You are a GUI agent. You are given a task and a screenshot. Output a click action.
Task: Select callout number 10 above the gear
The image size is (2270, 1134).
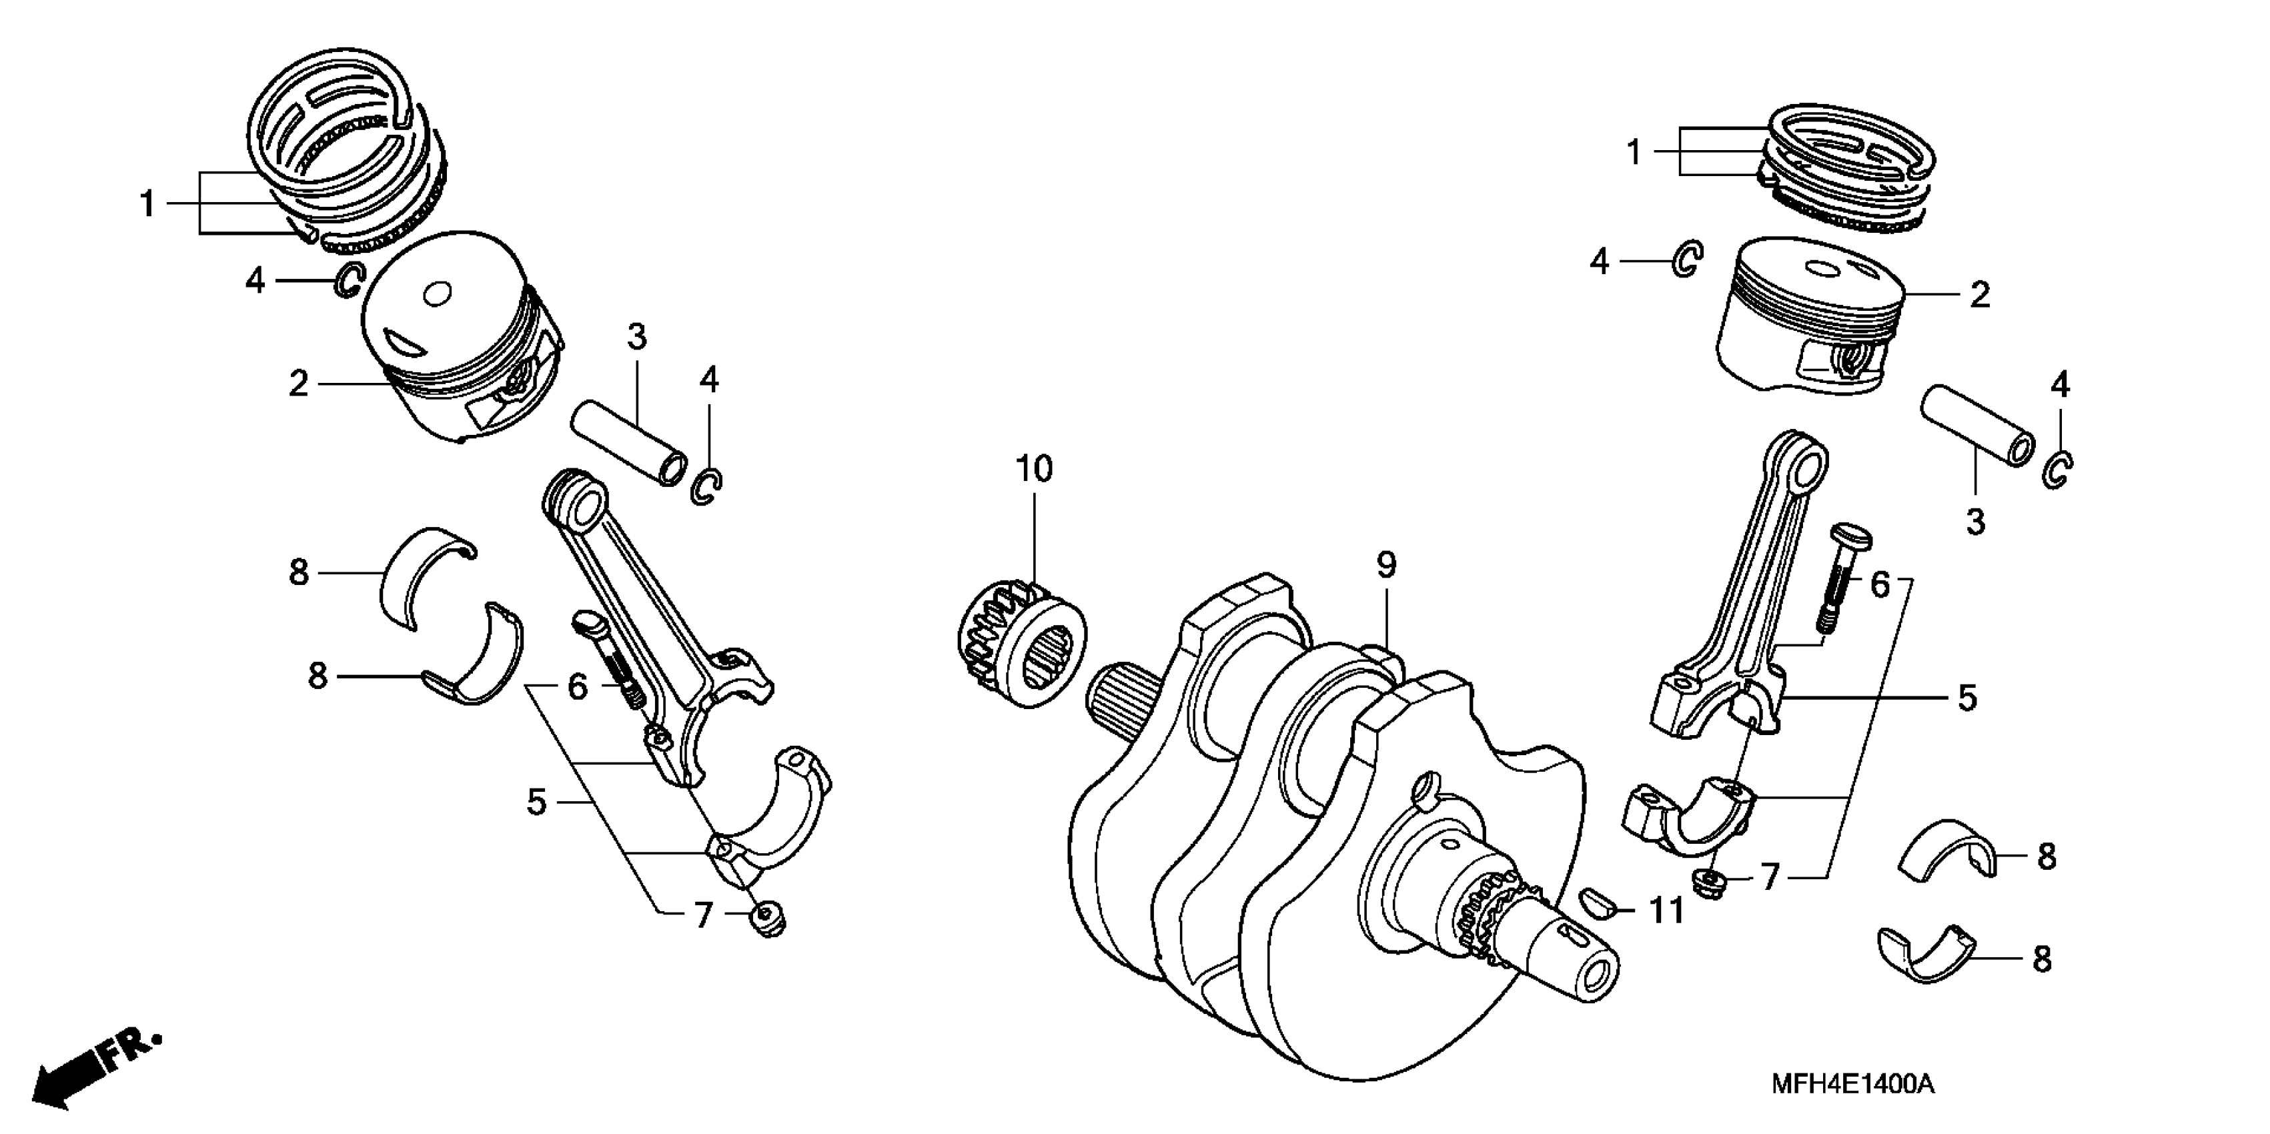click(1034, 469)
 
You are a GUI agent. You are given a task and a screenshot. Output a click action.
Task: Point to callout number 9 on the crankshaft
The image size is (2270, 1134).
click(1386, 565)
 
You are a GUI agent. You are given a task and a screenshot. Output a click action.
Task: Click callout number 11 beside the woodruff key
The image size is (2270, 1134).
click(1666, 910)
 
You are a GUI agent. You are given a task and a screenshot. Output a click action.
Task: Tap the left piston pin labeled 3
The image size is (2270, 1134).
click(628, 440)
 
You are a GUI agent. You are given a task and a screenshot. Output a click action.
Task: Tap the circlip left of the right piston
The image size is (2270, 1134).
click(1688, 260)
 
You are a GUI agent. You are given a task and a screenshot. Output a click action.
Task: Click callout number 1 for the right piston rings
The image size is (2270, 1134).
click(1634, 153)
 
